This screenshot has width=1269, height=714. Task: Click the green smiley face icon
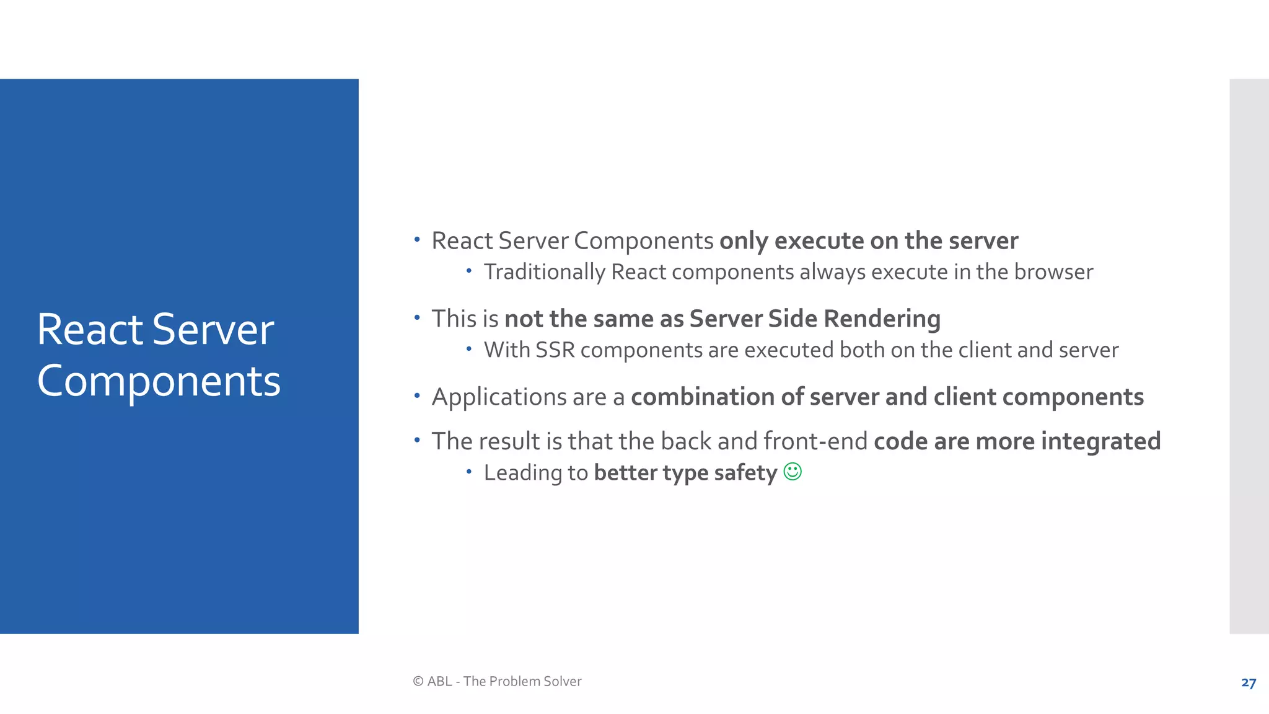pyautogui.click(x=793, y=472)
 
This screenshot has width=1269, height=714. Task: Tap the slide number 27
pyautogui.click(x=1249, y=683)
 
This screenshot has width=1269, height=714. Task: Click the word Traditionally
pyautogui.click(x=544, y=272)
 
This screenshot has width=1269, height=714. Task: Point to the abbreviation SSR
pyautogui.click(x=555, y=350)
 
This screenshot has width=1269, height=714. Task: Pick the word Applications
pyautogui.click(x=499, y=397)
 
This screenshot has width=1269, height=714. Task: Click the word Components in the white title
pyautogui.click(x=159, y=381)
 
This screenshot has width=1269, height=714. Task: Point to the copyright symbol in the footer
pyautogui.click(x=418, y=681)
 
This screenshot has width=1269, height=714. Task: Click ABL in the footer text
pyautogui.click(x=439, y=681)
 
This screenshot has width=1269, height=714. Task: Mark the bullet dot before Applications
pyautogui.click(x=417, y=395)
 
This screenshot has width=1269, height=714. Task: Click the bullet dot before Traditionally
pyautogui.click(x=469, y=271)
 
